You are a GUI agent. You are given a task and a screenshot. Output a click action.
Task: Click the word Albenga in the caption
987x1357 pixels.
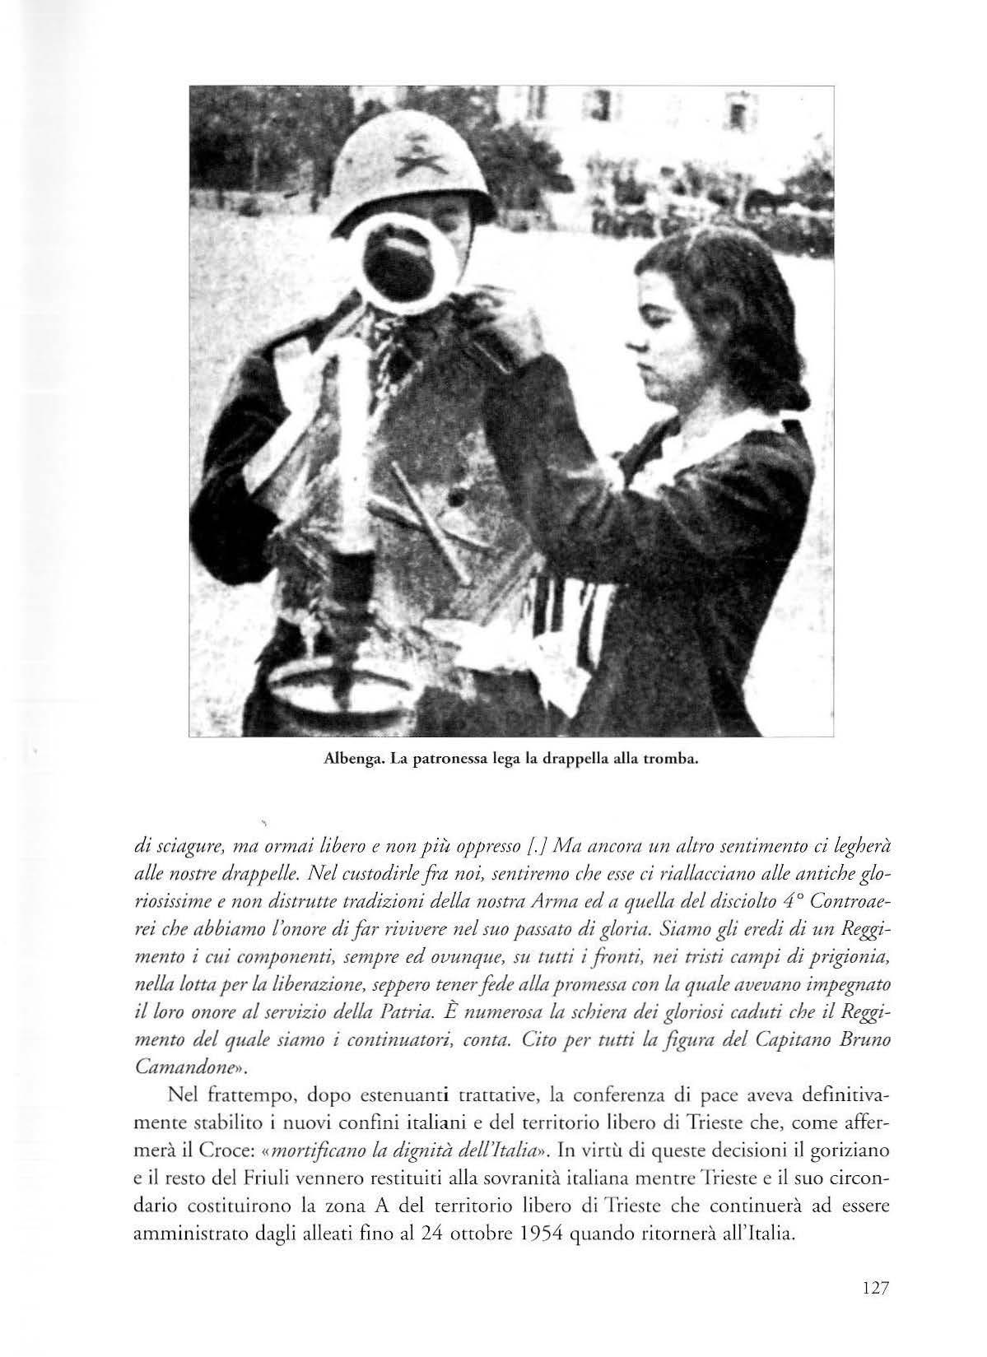point(346,759)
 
